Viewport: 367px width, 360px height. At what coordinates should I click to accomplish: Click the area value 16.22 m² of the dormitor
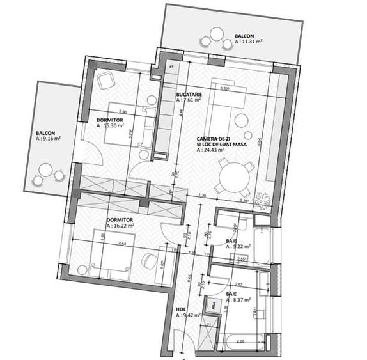120,226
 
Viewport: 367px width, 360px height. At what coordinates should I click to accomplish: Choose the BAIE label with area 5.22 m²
231,241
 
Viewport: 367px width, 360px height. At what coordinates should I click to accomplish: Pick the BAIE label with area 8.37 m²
231,294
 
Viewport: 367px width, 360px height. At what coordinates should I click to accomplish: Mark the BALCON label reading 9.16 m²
45,134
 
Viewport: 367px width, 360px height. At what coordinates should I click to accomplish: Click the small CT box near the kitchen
171,65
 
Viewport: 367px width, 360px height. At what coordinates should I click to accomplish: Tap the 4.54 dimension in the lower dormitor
121,244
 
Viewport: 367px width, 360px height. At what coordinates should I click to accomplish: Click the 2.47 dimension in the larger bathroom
238,283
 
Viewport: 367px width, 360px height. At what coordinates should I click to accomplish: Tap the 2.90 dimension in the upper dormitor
122,113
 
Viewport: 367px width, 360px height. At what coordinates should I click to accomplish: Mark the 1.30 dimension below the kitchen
203,195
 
